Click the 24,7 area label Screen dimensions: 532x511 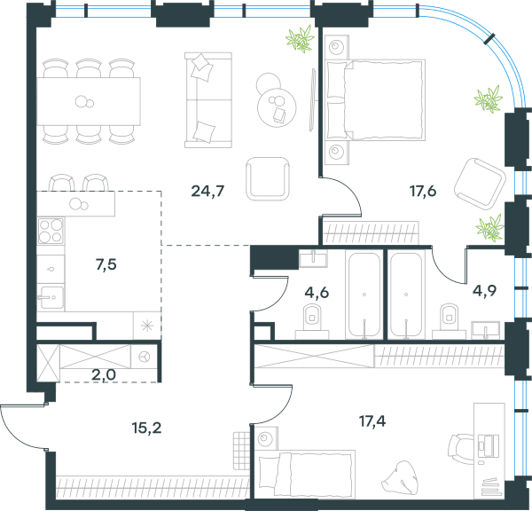pos(207,192)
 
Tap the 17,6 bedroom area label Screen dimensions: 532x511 pos(423,192)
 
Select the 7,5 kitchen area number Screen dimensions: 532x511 pos(106,264)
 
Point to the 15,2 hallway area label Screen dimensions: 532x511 pos(146,428)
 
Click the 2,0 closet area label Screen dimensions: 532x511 pos(104,375)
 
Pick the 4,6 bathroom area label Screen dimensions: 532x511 pos(317,293)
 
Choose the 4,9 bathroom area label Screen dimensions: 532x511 pos(484,291)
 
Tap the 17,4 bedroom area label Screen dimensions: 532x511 pos(372,421)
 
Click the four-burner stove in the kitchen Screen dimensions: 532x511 pos(51,231)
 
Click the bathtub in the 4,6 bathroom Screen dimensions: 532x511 pos(364,295)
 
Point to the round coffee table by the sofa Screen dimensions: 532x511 pos(277,107)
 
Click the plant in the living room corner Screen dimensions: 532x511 pos(300,38)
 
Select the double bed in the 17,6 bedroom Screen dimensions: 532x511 pos(376,100)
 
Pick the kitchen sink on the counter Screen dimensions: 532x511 pos(51,297)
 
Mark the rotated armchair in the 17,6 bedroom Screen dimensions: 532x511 pos(480,183)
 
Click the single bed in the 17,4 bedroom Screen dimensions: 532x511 pos(307,475)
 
